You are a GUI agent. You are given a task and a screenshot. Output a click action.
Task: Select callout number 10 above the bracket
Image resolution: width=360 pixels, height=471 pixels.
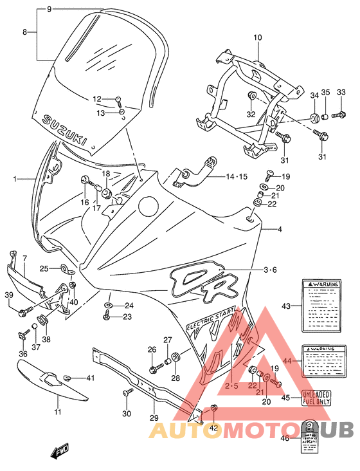257,38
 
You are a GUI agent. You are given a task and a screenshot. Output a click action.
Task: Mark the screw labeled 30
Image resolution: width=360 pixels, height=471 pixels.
125,392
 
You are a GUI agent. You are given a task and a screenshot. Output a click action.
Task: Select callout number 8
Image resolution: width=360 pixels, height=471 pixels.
25,32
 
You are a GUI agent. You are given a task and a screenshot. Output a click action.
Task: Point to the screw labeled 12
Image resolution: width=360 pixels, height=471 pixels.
120,100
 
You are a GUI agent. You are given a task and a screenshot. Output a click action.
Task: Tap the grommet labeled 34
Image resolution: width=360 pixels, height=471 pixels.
315,117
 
